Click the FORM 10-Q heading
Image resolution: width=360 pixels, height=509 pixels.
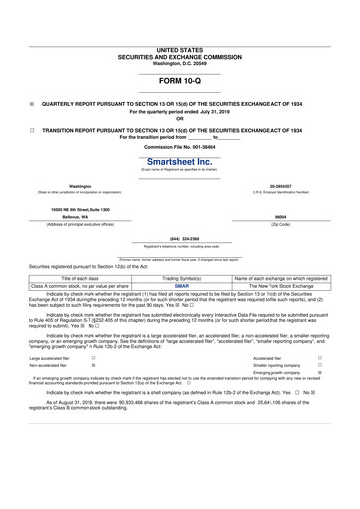(179, 80)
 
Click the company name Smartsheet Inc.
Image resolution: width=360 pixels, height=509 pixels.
(179, 161)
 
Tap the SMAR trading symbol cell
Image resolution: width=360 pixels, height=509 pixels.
(181, 286)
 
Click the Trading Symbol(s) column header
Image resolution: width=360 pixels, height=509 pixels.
(181, 278)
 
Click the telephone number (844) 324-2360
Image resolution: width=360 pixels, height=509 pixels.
(179, 239)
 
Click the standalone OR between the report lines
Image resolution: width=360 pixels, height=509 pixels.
(179, 118)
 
